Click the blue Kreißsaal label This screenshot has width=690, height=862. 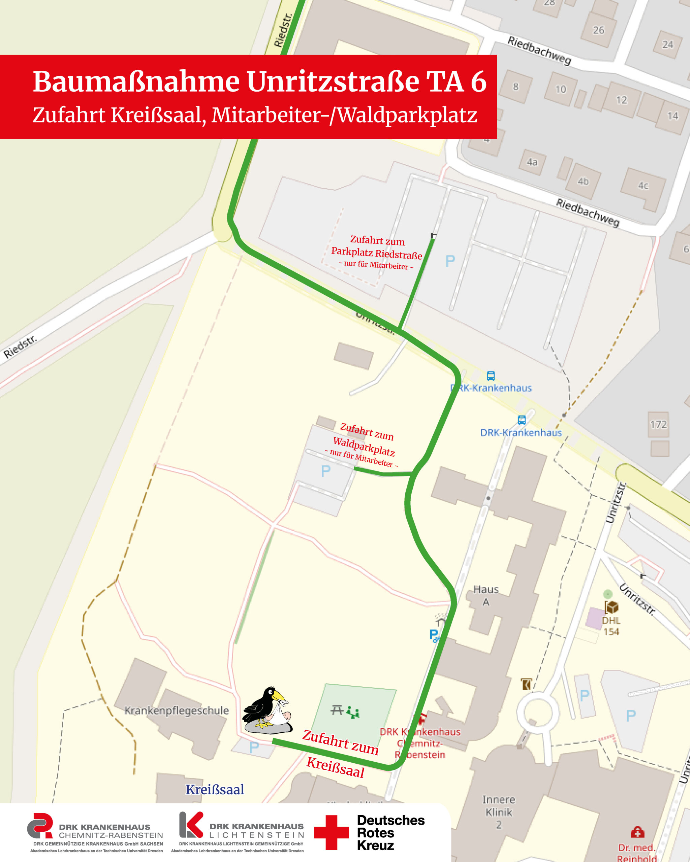[x=215, y=790]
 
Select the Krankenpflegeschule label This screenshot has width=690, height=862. [x=177, y=710]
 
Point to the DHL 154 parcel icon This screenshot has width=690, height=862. [x=611, y=607]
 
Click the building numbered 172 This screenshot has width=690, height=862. [x=658, y=425]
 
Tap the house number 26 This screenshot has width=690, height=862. [x=598, y=30]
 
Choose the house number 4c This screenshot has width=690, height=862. [x=643, y=186]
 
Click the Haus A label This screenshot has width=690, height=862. [x=486, y=595]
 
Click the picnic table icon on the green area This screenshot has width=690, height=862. [x=337, y=710]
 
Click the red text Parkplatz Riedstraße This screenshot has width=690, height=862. [x=376, y=253]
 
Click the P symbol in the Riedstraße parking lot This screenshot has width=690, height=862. [x=450, y=261]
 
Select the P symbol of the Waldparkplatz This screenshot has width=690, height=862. [x=325, y=471]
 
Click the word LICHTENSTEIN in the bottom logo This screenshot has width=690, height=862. [x=256, y=835]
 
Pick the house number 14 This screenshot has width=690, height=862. [x=673, y=116]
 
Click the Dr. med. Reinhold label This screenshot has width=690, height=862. [x=636, y=853]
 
